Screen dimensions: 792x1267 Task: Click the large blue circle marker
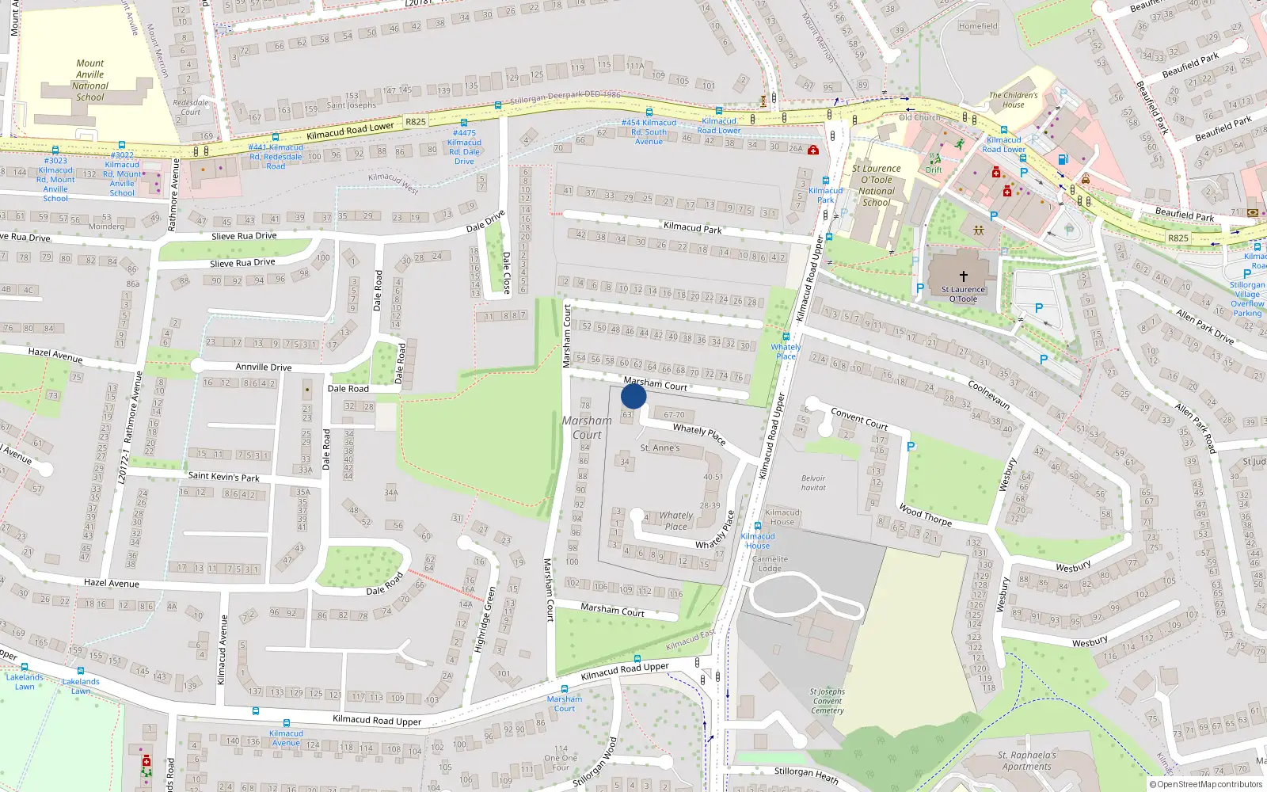[633, 396]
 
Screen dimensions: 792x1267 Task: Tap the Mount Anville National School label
[90, 80]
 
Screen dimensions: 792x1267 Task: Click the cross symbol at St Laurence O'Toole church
[964, 276]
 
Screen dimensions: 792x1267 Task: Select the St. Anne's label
[660, 448]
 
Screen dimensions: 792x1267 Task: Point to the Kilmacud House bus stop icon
[758, 526]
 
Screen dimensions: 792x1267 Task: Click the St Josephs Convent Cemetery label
[828, 701]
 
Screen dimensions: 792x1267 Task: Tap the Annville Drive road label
[263, 367]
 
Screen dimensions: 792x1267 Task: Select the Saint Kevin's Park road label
[223, 477]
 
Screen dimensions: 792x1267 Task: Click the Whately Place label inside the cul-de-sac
[675, 520]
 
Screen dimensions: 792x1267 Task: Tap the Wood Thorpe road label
[925, 515]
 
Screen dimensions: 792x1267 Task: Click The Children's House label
[1013, 100]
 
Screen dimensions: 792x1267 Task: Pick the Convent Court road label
[859, 418]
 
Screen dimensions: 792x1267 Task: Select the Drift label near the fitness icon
[934, 169]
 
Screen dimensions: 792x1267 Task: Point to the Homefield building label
[978, 26]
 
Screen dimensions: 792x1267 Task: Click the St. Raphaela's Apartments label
[1026, 760]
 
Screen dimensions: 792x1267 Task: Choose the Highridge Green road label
[485, 620]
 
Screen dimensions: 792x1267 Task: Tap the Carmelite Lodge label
[770, 563]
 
